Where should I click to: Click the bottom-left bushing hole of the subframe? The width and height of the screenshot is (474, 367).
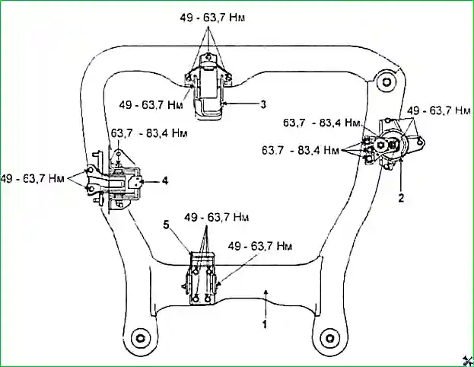point(138,337)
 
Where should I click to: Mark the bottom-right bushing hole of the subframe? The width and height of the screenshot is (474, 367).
point(329,337)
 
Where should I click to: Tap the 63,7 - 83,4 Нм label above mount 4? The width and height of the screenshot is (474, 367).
point(150,132)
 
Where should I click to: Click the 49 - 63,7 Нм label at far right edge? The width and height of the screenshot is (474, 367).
point(440,110)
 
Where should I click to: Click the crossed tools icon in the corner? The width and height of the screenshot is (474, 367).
point(464,359)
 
